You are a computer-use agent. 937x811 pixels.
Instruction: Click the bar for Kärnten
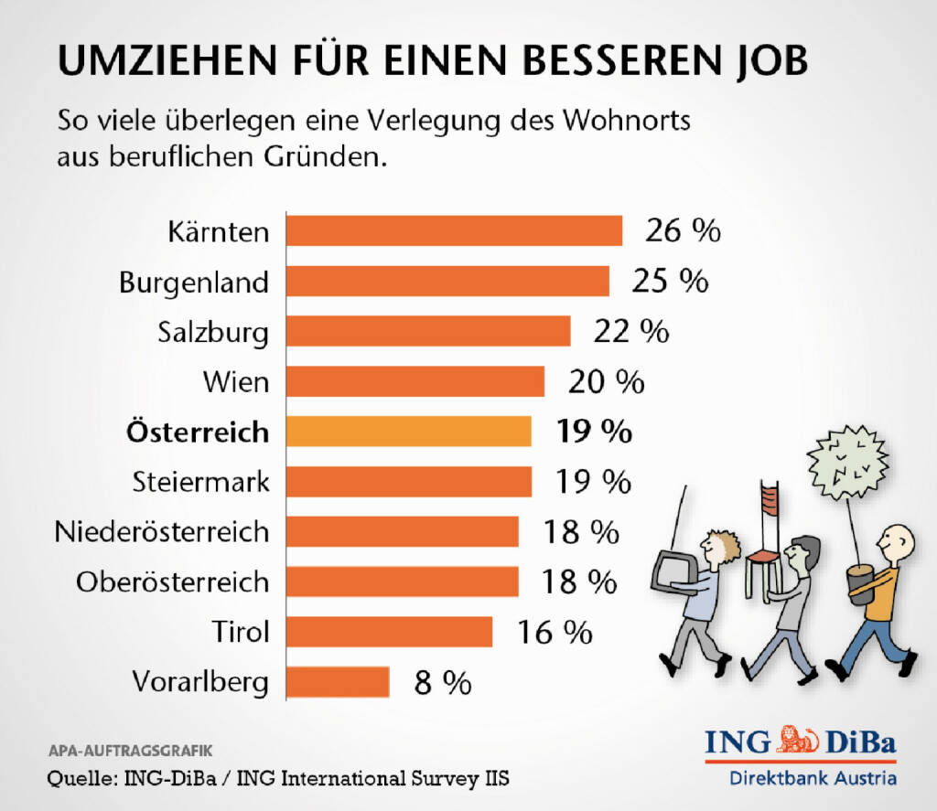pos(454,231)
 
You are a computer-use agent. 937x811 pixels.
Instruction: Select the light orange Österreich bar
pos(409,432)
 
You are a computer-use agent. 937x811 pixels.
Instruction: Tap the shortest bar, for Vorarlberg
pos(338,681)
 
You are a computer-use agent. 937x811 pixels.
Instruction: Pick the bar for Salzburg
pos(428,331)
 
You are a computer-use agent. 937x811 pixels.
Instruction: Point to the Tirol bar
pos(389,632)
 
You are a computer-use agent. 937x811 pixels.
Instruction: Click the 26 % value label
pos(683,231)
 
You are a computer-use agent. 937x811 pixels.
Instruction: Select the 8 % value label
pos(442,682)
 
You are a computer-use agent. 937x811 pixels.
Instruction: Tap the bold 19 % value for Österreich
pos(594,432)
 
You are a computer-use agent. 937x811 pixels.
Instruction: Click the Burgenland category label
pos(194,282)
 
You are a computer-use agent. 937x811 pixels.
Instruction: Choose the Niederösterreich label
pos(162,531)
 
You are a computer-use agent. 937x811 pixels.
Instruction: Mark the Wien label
pos(236,381)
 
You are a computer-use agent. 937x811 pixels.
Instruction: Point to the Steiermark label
pos(201,481)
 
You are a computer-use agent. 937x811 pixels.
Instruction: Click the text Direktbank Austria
pos(812,779)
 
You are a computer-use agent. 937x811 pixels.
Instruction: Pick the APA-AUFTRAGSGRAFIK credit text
pos(130,751)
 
